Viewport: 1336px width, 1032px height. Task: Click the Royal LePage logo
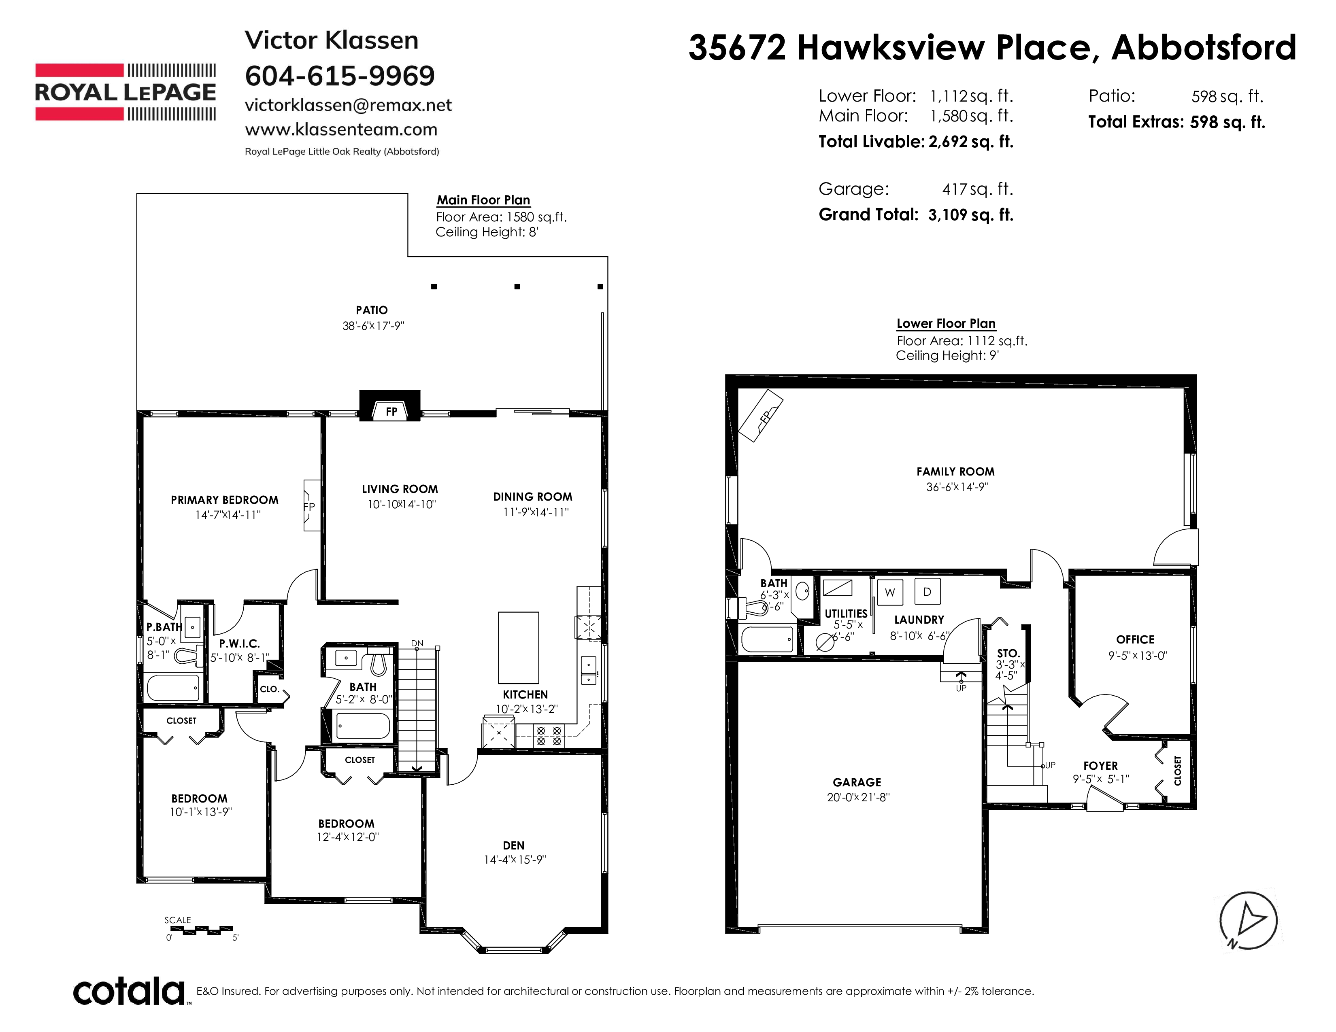126,92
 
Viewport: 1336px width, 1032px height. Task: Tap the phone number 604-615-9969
340,76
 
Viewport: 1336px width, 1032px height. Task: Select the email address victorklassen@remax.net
348,105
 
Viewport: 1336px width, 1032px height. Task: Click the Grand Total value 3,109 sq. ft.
970,214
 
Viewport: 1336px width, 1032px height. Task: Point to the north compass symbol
1248,921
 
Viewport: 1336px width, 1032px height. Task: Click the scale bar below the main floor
200,930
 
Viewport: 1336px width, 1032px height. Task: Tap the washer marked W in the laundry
889,592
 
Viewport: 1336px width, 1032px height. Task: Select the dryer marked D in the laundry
928,592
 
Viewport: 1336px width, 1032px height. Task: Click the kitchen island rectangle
518,648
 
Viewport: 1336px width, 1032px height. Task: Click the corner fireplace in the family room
760,416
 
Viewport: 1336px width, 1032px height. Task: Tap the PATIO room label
372,310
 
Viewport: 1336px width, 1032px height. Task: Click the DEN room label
514,845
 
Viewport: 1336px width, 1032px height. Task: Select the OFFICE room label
1135,639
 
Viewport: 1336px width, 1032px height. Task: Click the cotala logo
130,991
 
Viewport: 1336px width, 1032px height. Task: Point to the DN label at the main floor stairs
417,643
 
